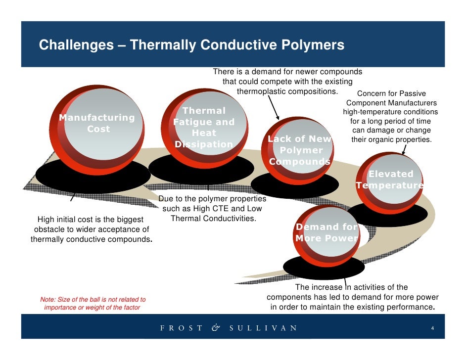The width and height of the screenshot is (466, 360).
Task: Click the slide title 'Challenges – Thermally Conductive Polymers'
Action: [191, 45]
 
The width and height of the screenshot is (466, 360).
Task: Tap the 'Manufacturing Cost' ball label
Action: [97, 123]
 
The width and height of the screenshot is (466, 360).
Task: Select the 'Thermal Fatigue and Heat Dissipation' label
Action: [203, 128]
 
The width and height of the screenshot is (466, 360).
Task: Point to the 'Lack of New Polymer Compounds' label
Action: [300, 150]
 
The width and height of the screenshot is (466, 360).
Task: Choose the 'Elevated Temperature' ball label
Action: [390, 180]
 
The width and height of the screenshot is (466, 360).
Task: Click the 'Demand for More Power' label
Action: [326, 232]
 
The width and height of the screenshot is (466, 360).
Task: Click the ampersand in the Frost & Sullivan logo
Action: [216, 328]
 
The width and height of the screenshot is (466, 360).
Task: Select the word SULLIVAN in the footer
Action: [263, 328]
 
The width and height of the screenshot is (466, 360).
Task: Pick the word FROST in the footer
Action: [181, 328]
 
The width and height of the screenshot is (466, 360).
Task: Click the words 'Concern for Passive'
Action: [391, 93]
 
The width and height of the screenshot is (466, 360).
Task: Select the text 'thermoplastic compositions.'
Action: [287, 91]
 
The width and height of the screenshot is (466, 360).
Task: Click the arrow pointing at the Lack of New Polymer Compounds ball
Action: [274, 108]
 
